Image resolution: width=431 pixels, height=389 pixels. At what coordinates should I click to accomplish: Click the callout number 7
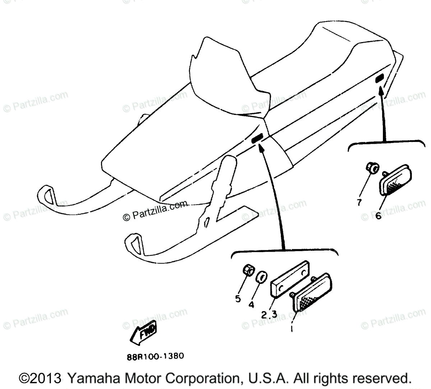pos(358,202)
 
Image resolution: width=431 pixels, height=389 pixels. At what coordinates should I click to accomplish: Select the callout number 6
pos(378,216)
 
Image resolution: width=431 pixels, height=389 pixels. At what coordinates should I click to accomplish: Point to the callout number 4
pos(251,304)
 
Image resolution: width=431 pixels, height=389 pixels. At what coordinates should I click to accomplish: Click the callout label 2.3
pos(269,315)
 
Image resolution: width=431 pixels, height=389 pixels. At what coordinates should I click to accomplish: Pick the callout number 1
pos(291,329)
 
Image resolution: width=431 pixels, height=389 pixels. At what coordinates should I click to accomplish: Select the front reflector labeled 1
pos(311,293)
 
